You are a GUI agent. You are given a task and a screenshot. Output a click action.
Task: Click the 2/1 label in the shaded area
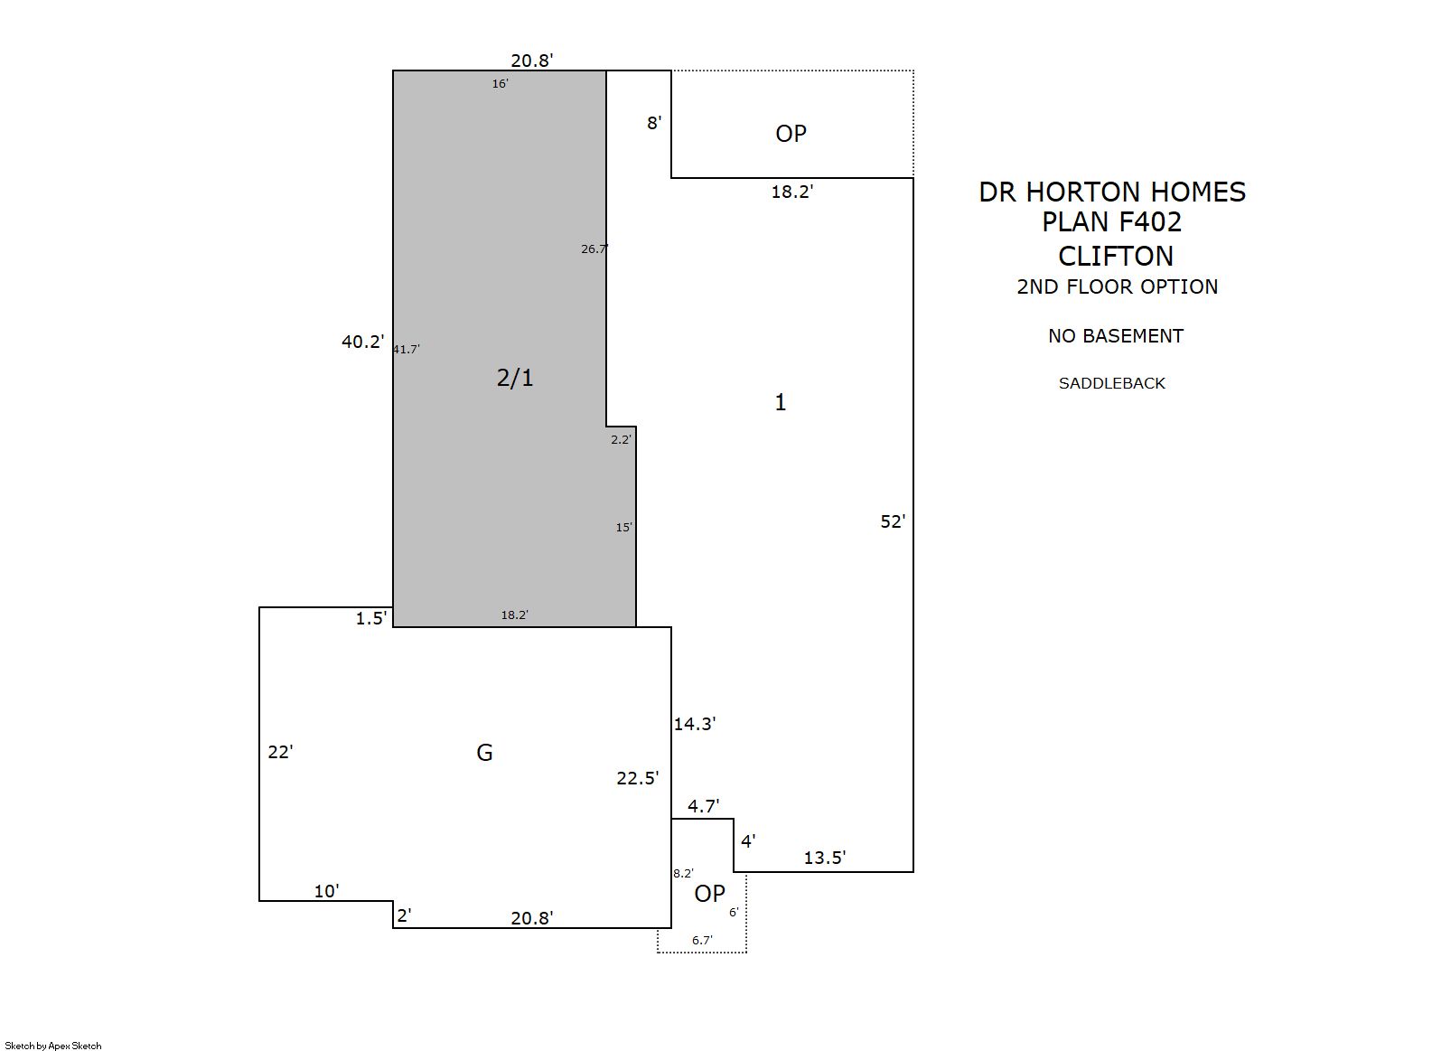(515, 378)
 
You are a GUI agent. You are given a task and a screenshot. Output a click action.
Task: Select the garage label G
(484, 753)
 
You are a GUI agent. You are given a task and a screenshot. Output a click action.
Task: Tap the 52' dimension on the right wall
(894, 521)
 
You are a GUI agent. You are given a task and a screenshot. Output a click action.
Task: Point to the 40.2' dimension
(363, 342)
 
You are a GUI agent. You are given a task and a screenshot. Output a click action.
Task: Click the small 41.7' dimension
(407, 349)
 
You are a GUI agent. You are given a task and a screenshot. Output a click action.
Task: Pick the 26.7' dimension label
(594, 249)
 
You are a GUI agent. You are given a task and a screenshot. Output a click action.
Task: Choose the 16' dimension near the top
(501, 84)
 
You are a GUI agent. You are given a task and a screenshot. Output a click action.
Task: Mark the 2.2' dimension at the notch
(621, 439)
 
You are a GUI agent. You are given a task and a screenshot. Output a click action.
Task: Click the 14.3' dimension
(695, 724)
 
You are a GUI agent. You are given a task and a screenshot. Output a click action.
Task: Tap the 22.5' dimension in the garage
(637, 777)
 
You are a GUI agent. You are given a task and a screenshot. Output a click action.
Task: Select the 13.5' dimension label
(825, 858)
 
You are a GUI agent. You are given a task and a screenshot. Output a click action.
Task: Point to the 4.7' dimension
(704, 806)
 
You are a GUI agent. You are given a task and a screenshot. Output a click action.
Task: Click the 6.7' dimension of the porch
(702, 940)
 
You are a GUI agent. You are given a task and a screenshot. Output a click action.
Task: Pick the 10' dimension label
(327, 890)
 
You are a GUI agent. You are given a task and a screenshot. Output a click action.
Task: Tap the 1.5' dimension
(371, 618)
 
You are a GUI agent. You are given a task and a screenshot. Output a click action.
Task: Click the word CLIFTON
(1116, 257)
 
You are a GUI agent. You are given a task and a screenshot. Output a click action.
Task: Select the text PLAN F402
(1111, 221)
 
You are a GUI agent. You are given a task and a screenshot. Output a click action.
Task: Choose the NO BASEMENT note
(1116, 335)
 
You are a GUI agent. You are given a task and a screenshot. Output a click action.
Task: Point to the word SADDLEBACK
(1111, 383)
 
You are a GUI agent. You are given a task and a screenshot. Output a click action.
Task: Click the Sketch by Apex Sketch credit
(53, 1046)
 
